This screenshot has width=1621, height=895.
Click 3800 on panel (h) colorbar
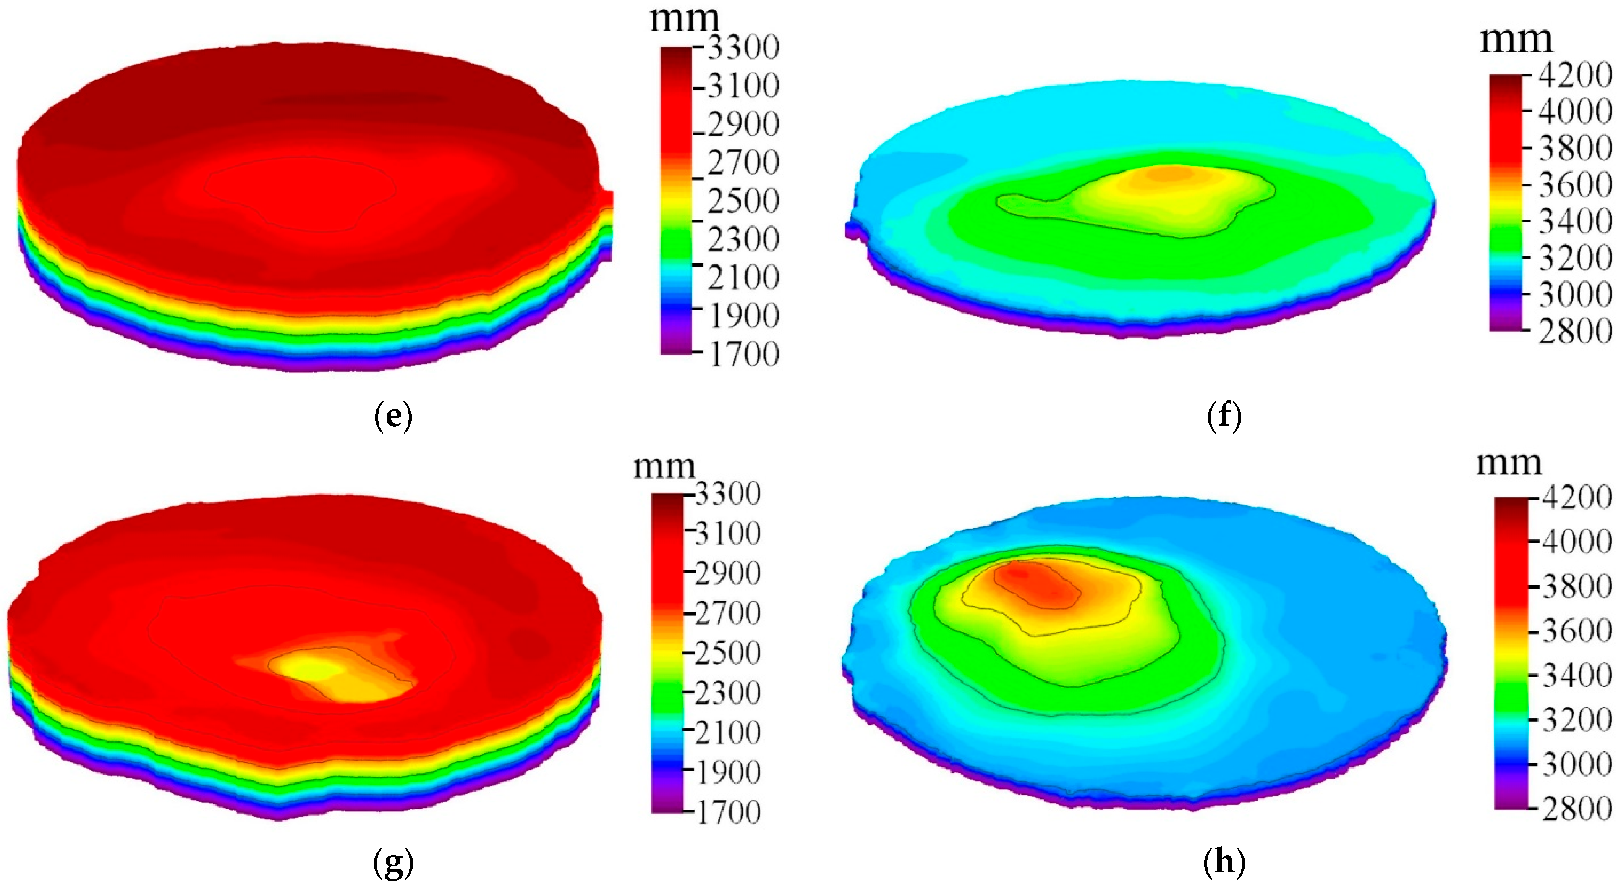click(1577, 586)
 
